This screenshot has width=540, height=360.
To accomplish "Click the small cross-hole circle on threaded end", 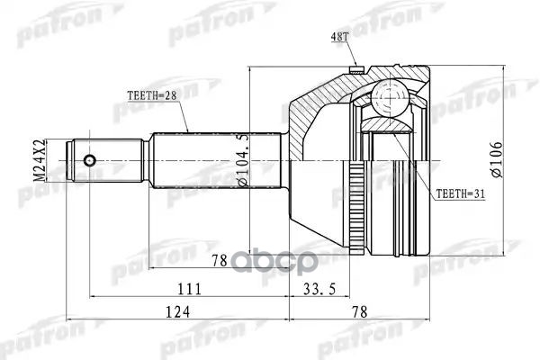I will [89, 161].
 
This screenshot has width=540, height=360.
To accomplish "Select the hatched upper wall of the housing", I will [324, 90].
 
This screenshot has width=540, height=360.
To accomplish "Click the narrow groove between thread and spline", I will [146, 161].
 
